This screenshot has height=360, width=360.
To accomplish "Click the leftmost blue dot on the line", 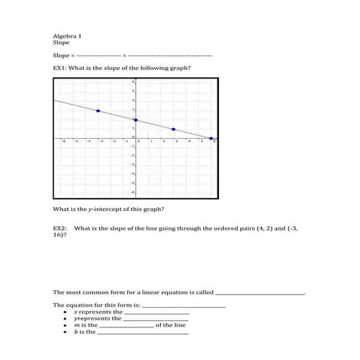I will (98, 111).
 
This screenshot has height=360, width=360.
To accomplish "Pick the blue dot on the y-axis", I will (135, 120).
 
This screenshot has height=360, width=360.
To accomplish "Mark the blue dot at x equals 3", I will (173, 129).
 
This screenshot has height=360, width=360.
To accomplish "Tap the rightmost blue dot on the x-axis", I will (211, 138).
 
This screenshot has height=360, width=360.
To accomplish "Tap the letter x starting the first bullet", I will (76, 311).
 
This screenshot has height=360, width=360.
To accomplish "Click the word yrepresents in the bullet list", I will (89, 318).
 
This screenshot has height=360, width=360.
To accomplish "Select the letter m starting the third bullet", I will (76, 325).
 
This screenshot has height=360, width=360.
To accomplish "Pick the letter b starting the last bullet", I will (76, 332).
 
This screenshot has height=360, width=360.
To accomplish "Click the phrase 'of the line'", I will (171, 325).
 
